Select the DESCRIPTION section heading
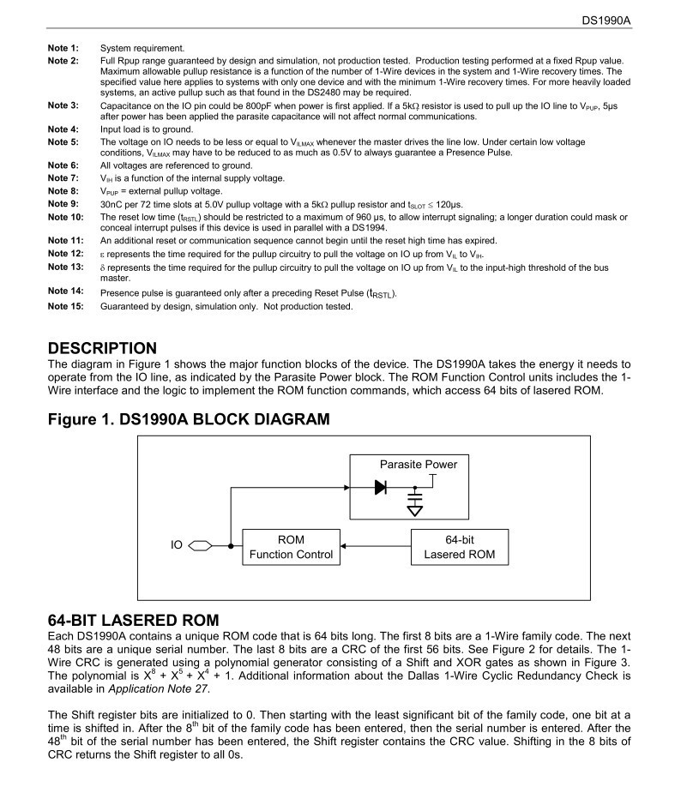pyautogui.click(x=102, y=348)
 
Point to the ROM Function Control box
pyautogui.click(x=291, y=547)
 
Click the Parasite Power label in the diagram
pyautogui.click(x=419, y=465)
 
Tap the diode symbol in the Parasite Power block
pyautogui.click(x=381, y=486)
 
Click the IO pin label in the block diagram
pyautogui.click(x=177, y=544)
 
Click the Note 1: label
pyautogui.click(x=63, y=48)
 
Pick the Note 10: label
pyautogui.click(x=65, y=217)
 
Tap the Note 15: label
pyautogui.click(x=65, y=307)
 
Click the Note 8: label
pyautogui.click(x=63, y=191)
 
